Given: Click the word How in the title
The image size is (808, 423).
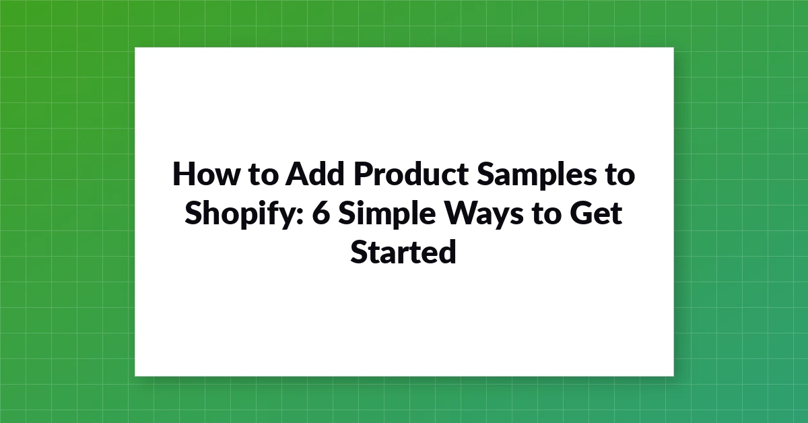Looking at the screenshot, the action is tap(206, 174).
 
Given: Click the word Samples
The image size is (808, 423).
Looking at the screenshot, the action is tap(537, 175).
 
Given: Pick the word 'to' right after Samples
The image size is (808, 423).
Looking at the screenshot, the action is tap(620, 174).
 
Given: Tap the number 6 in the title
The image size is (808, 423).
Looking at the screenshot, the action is tap(321, 213).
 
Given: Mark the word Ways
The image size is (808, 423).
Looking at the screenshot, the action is tap(483, 214).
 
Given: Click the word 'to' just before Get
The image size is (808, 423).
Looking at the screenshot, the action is tap(547, 214).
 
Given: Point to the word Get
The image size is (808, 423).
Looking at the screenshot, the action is tap(597, 213).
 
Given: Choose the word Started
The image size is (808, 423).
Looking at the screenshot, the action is tap(403, 251).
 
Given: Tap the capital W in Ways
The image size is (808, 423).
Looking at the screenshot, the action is tap(461, 213).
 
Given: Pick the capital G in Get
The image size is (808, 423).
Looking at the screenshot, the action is tap(582, 213).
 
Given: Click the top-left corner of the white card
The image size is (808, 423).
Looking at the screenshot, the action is tap(135, 47).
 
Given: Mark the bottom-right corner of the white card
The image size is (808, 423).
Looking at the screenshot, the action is tap(674, 377).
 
